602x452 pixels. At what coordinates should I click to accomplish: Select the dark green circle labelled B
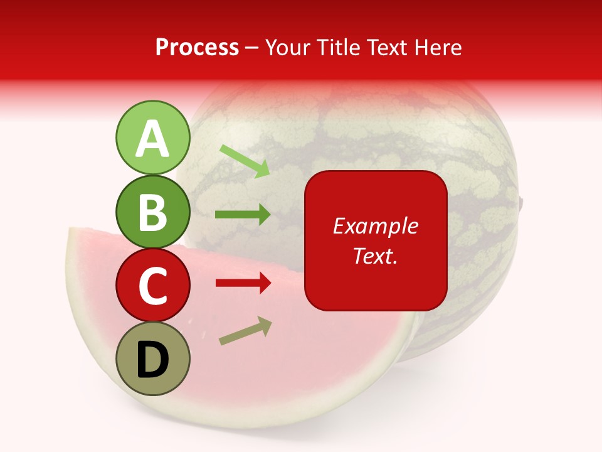click(x=152, y=212)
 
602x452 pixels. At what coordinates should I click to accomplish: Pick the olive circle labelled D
click(x=152, y=358)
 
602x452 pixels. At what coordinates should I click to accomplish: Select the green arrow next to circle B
click(x=243, y=215)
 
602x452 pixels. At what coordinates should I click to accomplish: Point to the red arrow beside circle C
click(x=243, y=283)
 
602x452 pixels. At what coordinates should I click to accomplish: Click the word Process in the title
click(x=197, y=48)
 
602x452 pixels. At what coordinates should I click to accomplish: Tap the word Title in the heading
click(x=337, y=48)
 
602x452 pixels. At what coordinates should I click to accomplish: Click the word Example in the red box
click(x=375, y=226)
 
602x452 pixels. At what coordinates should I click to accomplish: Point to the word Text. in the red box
click(x=375, y=256)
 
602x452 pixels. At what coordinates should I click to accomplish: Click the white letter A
click(x=152, y=139)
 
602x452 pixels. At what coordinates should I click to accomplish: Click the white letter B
click(x=152, y=213)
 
